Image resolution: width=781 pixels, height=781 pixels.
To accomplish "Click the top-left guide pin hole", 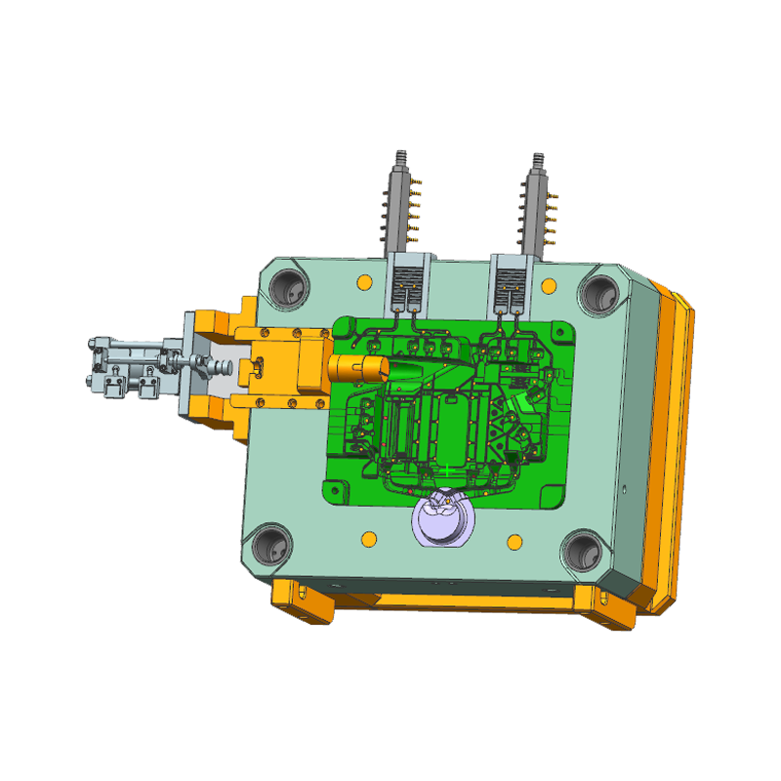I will click(290, 286).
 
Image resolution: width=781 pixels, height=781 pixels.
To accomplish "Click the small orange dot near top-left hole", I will click(363, 283).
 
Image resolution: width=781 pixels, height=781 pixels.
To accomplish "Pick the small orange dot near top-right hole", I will click(550, 286).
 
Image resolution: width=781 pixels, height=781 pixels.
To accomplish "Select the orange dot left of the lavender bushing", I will click(368, 539).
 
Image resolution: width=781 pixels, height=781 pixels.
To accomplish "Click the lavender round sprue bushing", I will click(441, 522).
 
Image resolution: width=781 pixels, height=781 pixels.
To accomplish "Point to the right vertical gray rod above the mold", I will click(536, 200).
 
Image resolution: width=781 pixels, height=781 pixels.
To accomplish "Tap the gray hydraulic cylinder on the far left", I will click(127, 366).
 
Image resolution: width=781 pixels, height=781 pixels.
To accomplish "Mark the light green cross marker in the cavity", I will click(446, 471).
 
